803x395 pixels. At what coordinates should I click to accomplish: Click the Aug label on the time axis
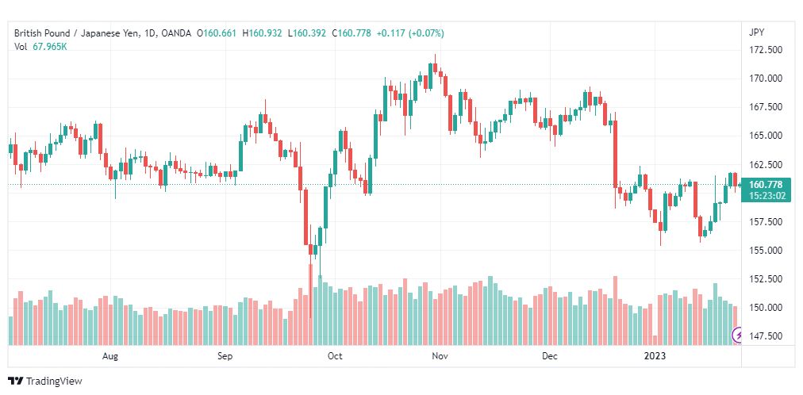(110, 356)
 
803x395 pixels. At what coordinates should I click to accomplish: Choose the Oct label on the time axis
(335, 356)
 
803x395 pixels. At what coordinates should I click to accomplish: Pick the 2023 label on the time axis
(655, 356)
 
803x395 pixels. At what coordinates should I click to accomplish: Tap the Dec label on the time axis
(550, 356)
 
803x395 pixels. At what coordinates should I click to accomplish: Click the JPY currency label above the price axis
(757, 33)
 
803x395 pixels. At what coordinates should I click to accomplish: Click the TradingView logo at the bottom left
(45, 381)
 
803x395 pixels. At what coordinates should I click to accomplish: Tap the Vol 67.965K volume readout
(41, 47)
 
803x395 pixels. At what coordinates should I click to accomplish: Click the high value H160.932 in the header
(262, 33)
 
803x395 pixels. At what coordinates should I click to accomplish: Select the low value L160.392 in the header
(307, 33)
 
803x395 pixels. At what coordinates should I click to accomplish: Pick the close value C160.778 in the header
(352, 33)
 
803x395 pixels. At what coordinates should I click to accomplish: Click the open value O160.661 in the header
(217, 33)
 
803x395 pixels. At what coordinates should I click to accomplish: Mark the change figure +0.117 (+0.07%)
(410, 33)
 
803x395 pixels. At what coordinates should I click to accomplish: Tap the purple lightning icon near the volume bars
(738, 336)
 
